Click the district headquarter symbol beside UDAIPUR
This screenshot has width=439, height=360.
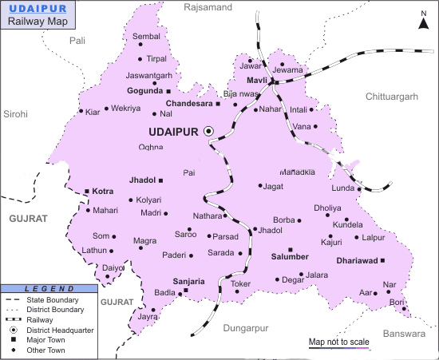point(209,130)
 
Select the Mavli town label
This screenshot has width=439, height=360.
point(256,81)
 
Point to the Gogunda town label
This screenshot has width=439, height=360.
point(144,90)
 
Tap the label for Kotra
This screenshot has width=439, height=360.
point(103,192)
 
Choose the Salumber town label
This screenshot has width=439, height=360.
point(290,256)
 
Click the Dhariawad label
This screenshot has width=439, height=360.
point(356,260)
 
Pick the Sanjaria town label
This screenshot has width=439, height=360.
point(188,281)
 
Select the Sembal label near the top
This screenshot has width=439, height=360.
point(146,37)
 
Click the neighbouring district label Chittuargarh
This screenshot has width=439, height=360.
point(391,96)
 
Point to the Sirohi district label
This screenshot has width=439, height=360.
point(15,114)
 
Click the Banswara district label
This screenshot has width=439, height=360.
point(405,334)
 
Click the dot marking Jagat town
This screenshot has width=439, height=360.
point(260,186)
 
